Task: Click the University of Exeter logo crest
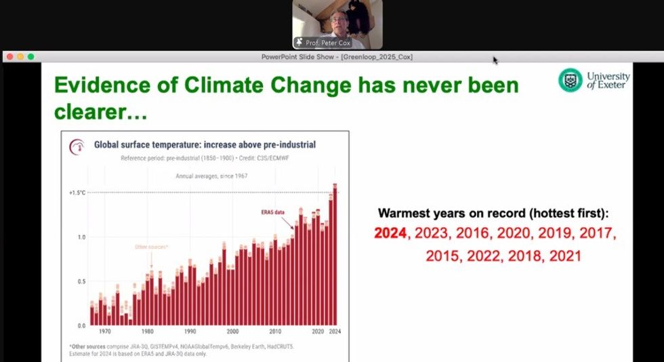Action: pyautogui.click(x=570, y=80)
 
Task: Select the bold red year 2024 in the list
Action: pyautogui.click(x=391, y=234)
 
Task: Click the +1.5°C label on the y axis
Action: pyautogui.click(x=77, y=193)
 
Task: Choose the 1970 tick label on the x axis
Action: pyautogui.click(x=105, y=332)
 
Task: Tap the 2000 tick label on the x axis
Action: pyautogui.click(x=232, y=332)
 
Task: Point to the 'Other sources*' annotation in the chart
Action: pyautogui.click(x=151, y=247)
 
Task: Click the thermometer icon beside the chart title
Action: pyautogui.click(x=77, y=145)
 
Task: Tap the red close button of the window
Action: pyautogui.click(x=10, y=57)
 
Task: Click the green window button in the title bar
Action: pyautogui.click(x=30, y=57)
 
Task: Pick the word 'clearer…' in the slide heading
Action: pyautogui.click(x=100, y=112)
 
